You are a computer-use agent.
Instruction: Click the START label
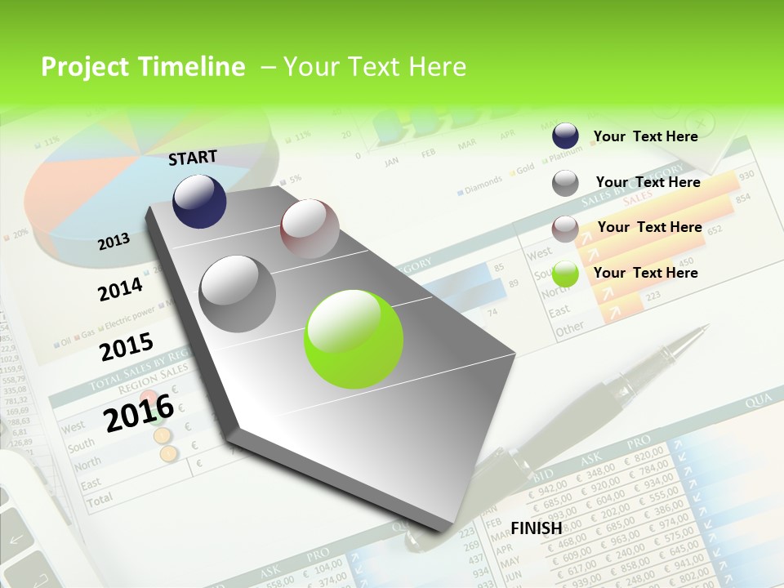coord(193,158)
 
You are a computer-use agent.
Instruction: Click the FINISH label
coord(537,528)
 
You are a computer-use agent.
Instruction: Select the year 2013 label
coord(114,241)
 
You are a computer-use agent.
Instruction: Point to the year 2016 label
coord(139,412)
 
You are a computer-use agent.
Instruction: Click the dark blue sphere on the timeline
coord(199,201)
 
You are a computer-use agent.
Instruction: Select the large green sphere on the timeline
coord(354,339)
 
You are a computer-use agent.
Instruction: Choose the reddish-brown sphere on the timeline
coord(310,229)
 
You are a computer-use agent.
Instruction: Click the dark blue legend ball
coord(565,136)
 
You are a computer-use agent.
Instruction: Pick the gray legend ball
coord(565,183)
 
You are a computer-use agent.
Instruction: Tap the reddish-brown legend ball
coord(565,229)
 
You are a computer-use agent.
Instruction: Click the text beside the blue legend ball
coord(645,136)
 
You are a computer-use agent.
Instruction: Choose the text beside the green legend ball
coord(645,273)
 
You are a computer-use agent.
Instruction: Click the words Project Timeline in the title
coord(143,67)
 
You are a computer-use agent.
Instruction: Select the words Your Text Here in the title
coord(374,67)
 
